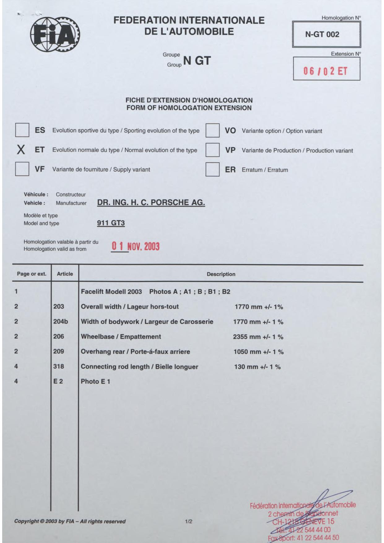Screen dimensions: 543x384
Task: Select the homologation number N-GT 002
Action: tap(322, 34)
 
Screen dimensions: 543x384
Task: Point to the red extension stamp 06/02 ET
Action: tap(325, 72)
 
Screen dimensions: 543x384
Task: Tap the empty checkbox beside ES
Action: tap(22, 130)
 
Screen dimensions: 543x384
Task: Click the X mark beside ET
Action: tap(21, 150)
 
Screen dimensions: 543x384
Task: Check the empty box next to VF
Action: tap(22, 169)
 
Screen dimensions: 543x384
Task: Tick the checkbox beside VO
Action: tap(213, 130)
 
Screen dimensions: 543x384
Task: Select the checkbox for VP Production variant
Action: tap(213, 150)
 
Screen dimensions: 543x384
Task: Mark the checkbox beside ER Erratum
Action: tap(213, 169)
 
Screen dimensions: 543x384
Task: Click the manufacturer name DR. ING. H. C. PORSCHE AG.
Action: tap(151, 203)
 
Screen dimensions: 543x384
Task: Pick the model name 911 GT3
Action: tap(111, 223)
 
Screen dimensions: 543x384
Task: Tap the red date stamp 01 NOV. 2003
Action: tap(136, 246)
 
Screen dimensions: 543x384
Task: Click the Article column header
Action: tap(65, 274)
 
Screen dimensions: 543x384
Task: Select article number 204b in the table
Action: tap(61, 322)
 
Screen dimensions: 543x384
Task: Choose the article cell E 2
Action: tap(58, 381)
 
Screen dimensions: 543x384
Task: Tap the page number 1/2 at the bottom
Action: tap(189, 522)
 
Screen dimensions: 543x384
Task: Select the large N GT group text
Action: tap(197, 60)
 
